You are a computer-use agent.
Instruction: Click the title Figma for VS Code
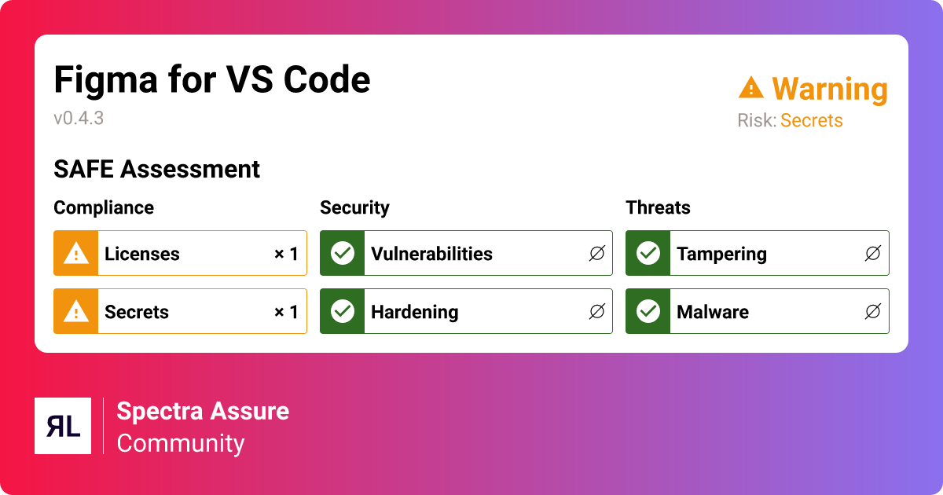tap(211, 80)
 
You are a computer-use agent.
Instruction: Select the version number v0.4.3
tap(79, 119)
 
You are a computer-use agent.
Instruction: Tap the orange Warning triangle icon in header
tap(751, 88)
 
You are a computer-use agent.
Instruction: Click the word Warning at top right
tap(829, 90)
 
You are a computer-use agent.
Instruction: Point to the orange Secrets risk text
tap(811, 121)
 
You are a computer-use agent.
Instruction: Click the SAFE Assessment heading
tap(156, 169)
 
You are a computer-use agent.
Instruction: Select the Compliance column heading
tap(104, 207)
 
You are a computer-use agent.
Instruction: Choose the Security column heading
tap(354, 207)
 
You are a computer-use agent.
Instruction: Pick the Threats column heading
tap(658, 207)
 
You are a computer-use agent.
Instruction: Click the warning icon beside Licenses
tap(76, 253)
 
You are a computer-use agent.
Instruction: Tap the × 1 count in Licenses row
tap(285, 254)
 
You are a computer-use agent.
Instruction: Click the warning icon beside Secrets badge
tap(76, 311)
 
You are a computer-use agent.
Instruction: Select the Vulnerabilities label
tap(431, 254)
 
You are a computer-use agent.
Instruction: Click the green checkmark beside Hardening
tap(343, 311)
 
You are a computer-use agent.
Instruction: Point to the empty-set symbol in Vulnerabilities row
tap(596, 254)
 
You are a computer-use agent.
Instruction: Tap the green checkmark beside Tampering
tap(648, 253)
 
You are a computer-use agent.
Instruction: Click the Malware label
tap(712, 312)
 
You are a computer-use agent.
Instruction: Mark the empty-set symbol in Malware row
tap(872, 312)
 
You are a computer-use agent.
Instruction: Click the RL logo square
tap(63, 426)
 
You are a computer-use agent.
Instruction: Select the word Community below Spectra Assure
tap(181, 443)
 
